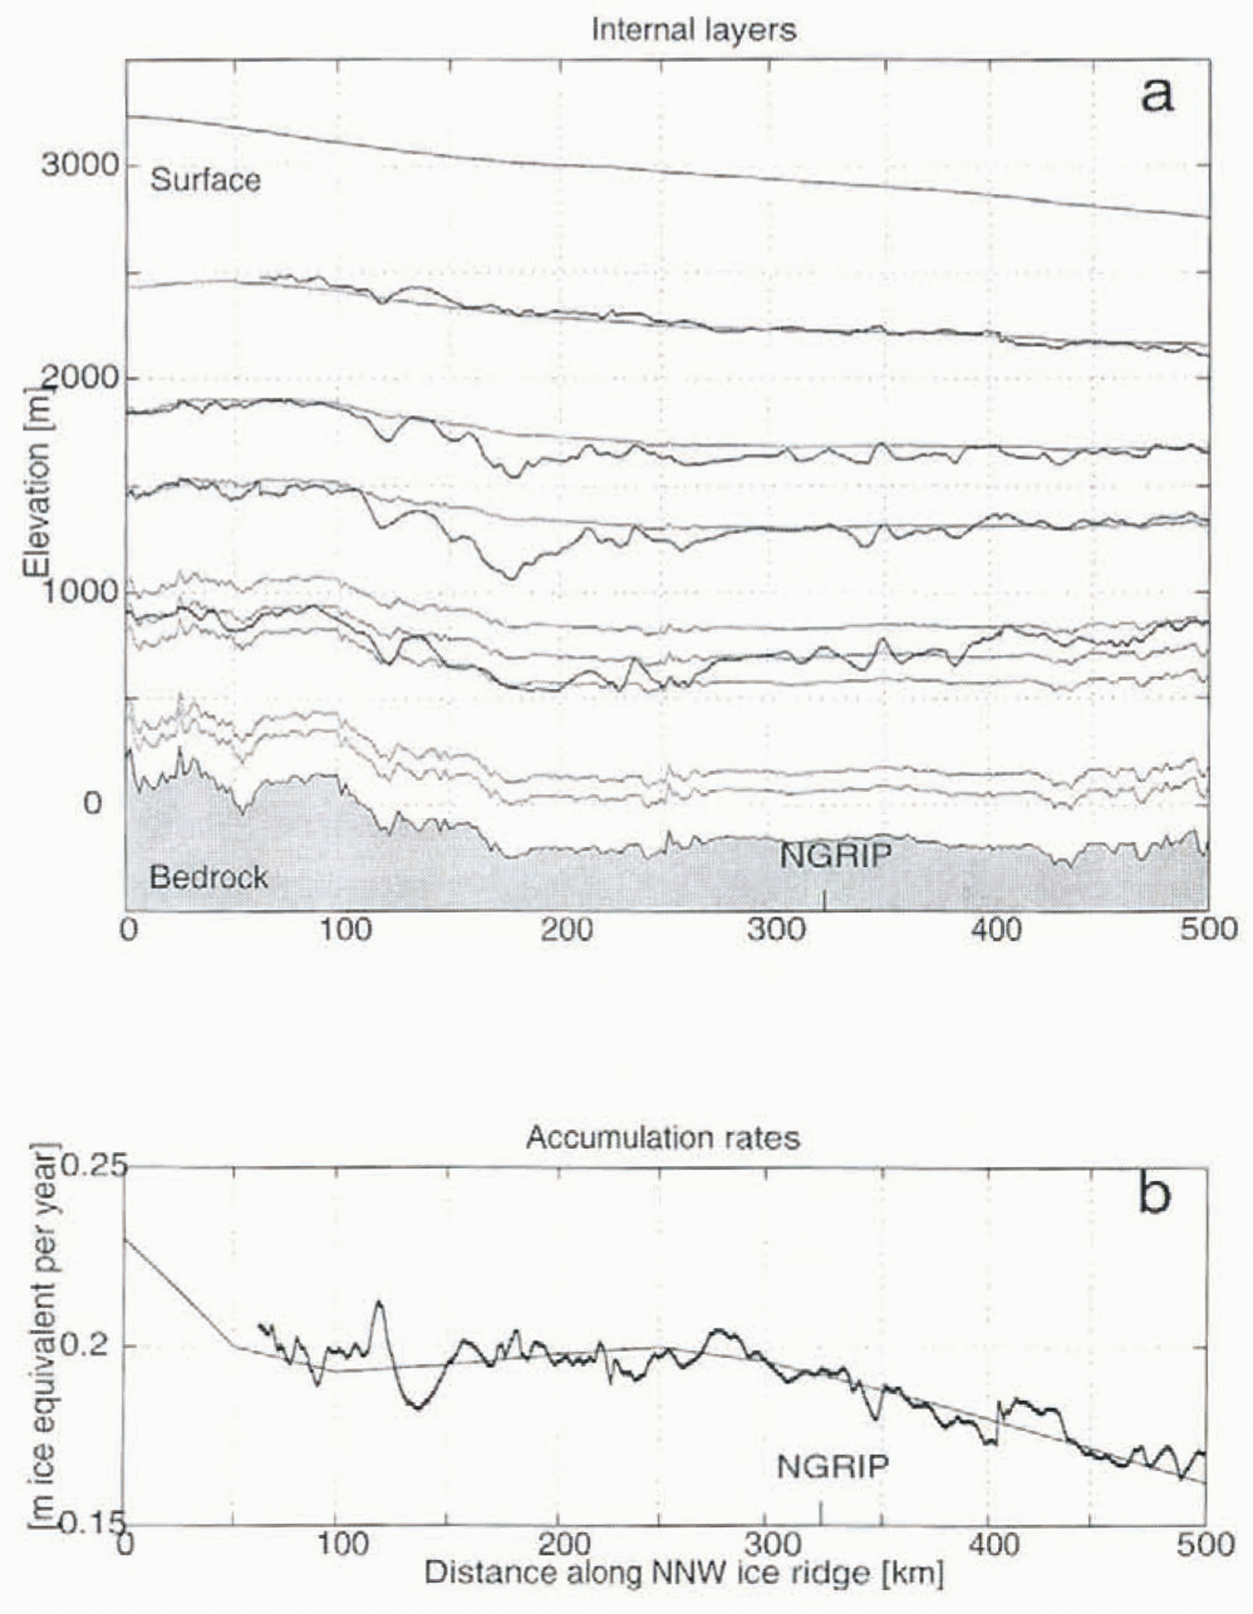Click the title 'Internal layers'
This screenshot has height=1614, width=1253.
693,30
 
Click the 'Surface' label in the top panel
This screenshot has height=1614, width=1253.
205,180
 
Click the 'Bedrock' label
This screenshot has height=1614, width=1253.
209,877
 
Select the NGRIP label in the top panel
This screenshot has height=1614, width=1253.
835,856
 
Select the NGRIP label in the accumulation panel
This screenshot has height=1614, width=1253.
832,1466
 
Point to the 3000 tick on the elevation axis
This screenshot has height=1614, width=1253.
79,165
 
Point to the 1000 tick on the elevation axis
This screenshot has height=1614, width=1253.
79,590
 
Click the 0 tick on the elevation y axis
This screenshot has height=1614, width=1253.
93,803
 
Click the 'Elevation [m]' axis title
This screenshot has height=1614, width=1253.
37,483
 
